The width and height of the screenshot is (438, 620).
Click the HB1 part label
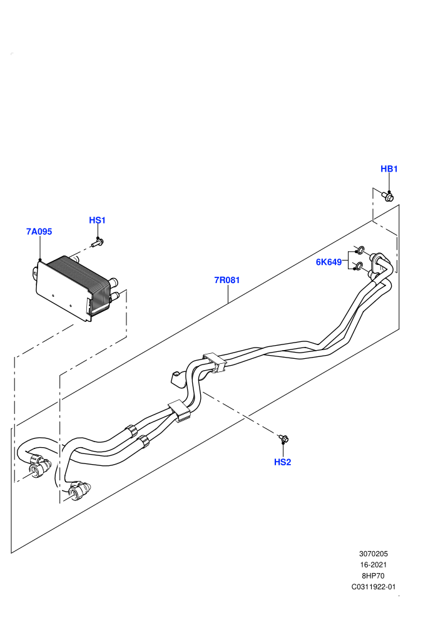tap(389, 169)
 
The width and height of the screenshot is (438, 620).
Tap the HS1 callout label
tap(97, 220)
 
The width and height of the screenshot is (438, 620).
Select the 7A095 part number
tap(39, 231)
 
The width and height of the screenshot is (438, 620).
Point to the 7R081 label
tap(227, 280)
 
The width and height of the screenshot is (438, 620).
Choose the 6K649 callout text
tap(328, 262)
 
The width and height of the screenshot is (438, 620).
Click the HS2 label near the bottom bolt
tap(282, 462)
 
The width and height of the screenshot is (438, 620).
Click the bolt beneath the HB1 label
tap(388, 196)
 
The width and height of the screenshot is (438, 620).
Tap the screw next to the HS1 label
tap(97, 242)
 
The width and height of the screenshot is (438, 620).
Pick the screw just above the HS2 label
tap(283, 438)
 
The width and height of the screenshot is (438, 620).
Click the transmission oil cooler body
tap(75, 287)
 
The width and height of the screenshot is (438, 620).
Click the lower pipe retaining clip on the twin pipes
tap(180, 410)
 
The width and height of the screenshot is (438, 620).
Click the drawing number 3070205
tap(373, 554)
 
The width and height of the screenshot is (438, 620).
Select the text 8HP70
tap(373, 576)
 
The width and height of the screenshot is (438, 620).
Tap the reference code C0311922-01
tap(373, 587)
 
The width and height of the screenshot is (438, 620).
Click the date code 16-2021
tap(373, 565)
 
